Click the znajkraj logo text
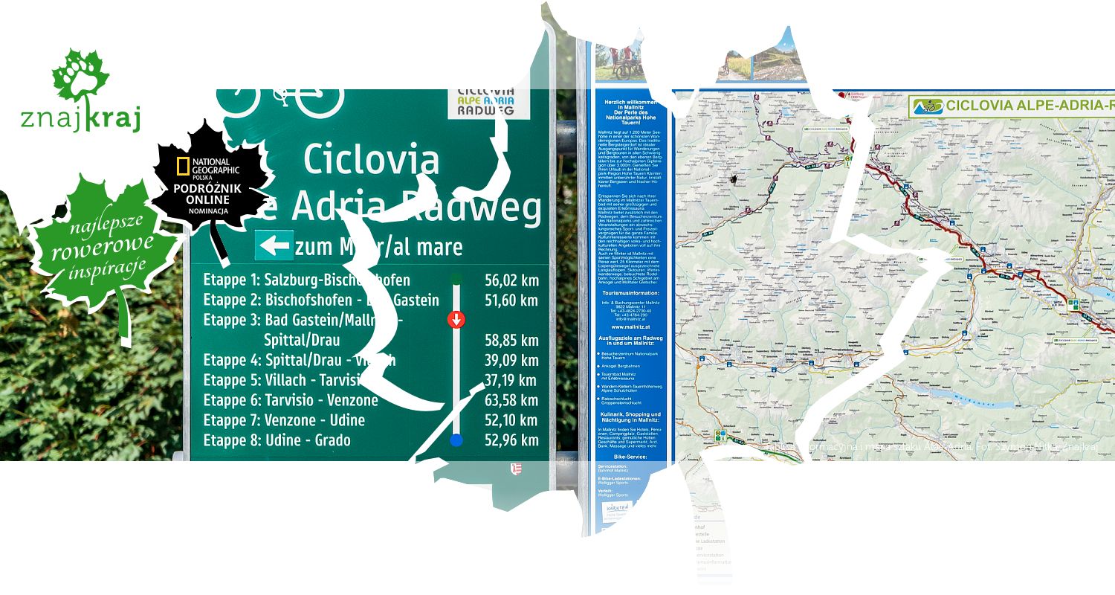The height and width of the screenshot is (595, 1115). [x=80, y=119]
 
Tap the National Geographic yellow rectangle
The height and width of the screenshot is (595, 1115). [x=183, y=167]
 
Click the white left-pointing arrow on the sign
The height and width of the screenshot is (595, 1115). [x=274, y=245]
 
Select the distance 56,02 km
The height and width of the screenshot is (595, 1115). [x=511, y=280]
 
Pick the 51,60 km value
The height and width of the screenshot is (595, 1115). [x=511, y=300]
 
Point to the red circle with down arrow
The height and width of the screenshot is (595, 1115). [x=456, y=320]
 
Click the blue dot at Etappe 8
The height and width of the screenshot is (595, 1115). [x=456, y=440]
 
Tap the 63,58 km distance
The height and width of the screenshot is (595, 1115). [x=511, y=400]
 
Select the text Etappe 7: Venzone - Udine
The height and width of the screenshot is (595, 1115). [x=284, y=420]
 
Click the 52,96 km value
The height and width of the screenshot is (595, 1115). [x=511, y=440]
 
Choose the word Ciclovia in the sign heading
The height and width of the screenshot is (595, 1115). [x=371, y=158]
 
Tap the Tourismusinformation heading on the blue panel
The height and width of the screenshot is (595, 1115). [x=629, y=293]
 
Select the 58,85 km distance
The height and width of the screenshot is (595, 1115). [x=511, y=341]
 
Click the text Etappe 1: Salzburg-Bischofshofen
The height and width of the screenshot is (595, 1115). [x=306, y=280]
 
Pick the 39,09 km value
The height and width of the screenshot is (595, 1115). [x=511, y=361]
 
